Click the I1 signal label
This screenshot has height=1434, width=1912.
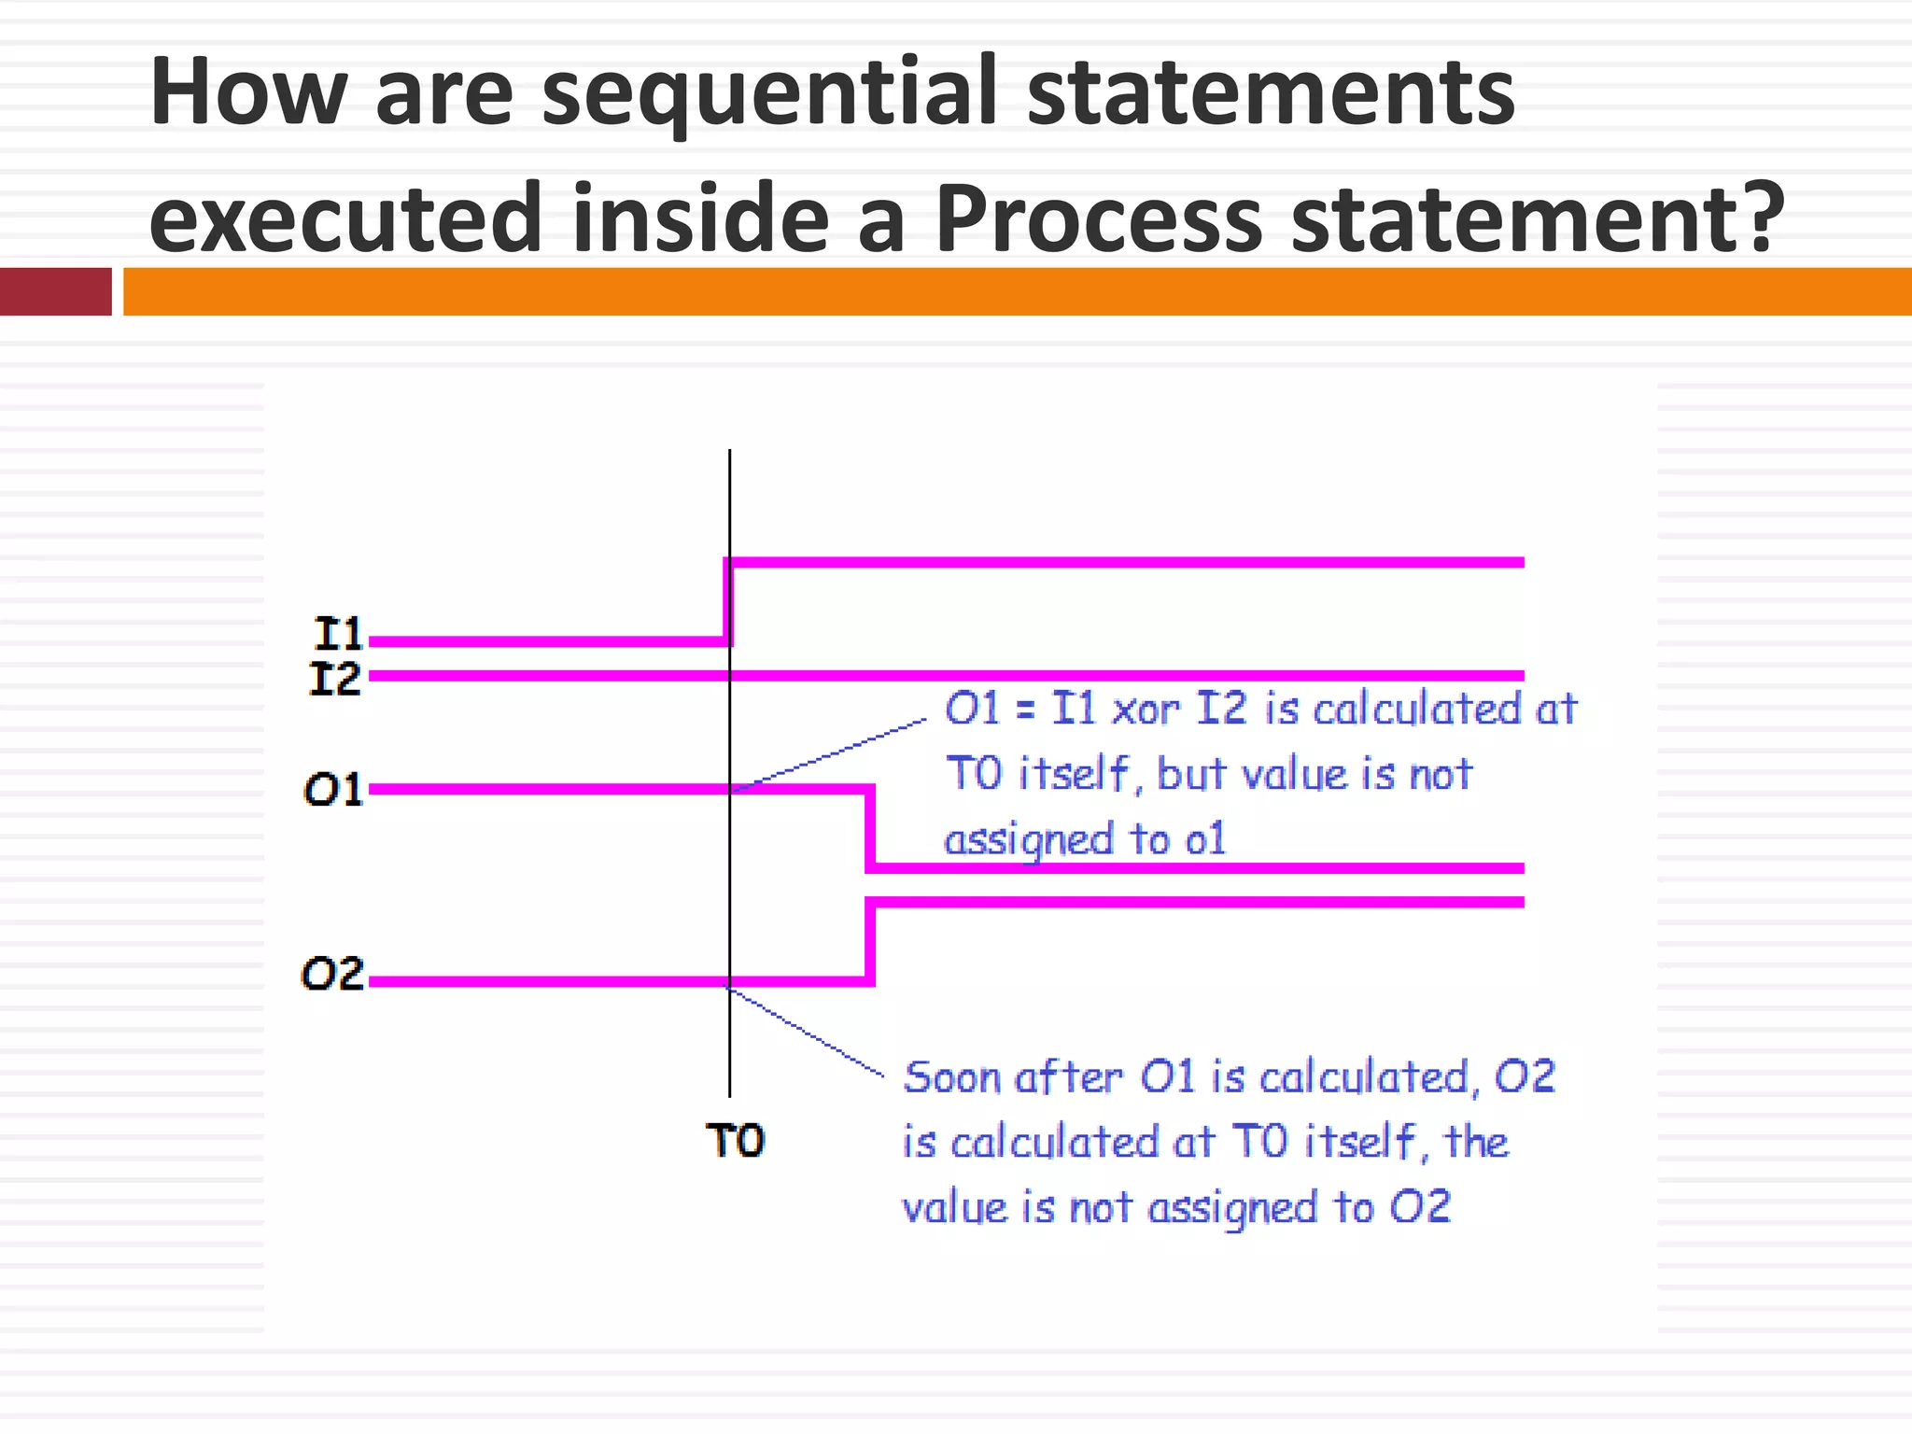point(338,634)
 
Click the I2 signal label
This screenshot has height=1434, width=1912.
point(335,679)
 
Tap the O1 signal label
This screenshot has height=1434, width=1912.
point(333,791)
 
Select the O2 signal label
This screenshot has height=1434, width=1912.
point(332,975)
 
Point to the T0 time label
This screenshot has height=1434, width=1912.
point(735,1141)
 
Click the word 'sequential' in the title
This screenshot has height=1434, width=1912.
point(769,94)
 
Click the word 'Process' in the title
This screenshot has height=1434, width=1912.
point(1099,219)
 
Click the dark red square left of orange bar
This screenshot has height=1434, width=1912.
point(55,291)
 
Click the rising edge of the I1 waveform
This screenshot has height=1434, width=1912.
point(728,602)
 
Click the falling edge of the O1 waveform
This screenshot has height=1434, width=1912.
point(870,828)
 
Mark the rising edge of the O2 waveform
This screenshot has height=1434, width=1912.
point(870,941)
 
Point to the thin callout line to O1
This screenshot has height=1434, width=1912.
point(831,754)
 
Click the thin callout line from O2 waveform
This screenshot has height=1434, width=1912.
point(808,1033)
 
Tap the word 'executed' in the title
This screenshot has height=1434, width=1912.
point(345,219)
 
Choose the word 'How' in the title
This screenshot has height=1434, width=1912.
point(247,94)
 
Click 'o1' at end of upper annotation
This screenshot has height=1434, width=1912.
point(1204,839)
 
